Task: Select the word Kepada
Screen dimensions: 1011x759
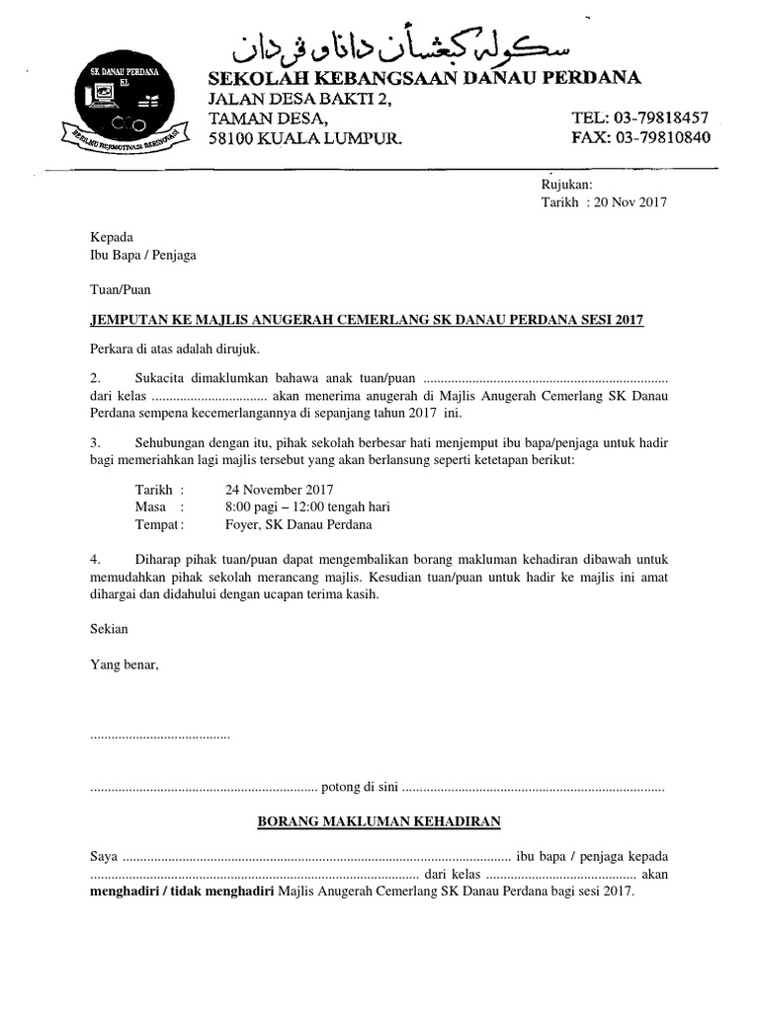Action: (111, 237)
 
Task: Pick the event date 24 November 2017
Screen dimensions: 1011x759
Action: (279, 489)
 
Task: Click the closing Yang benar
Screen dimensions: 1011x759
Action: (124, 664)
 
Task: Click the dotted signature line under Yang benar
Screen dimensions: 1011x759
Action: (160, 737)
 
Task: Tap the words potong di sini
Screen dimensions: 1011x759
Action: (360, 788)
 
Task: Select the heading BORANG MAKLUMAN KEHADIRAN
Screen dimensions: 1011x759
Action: (379, 820)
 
